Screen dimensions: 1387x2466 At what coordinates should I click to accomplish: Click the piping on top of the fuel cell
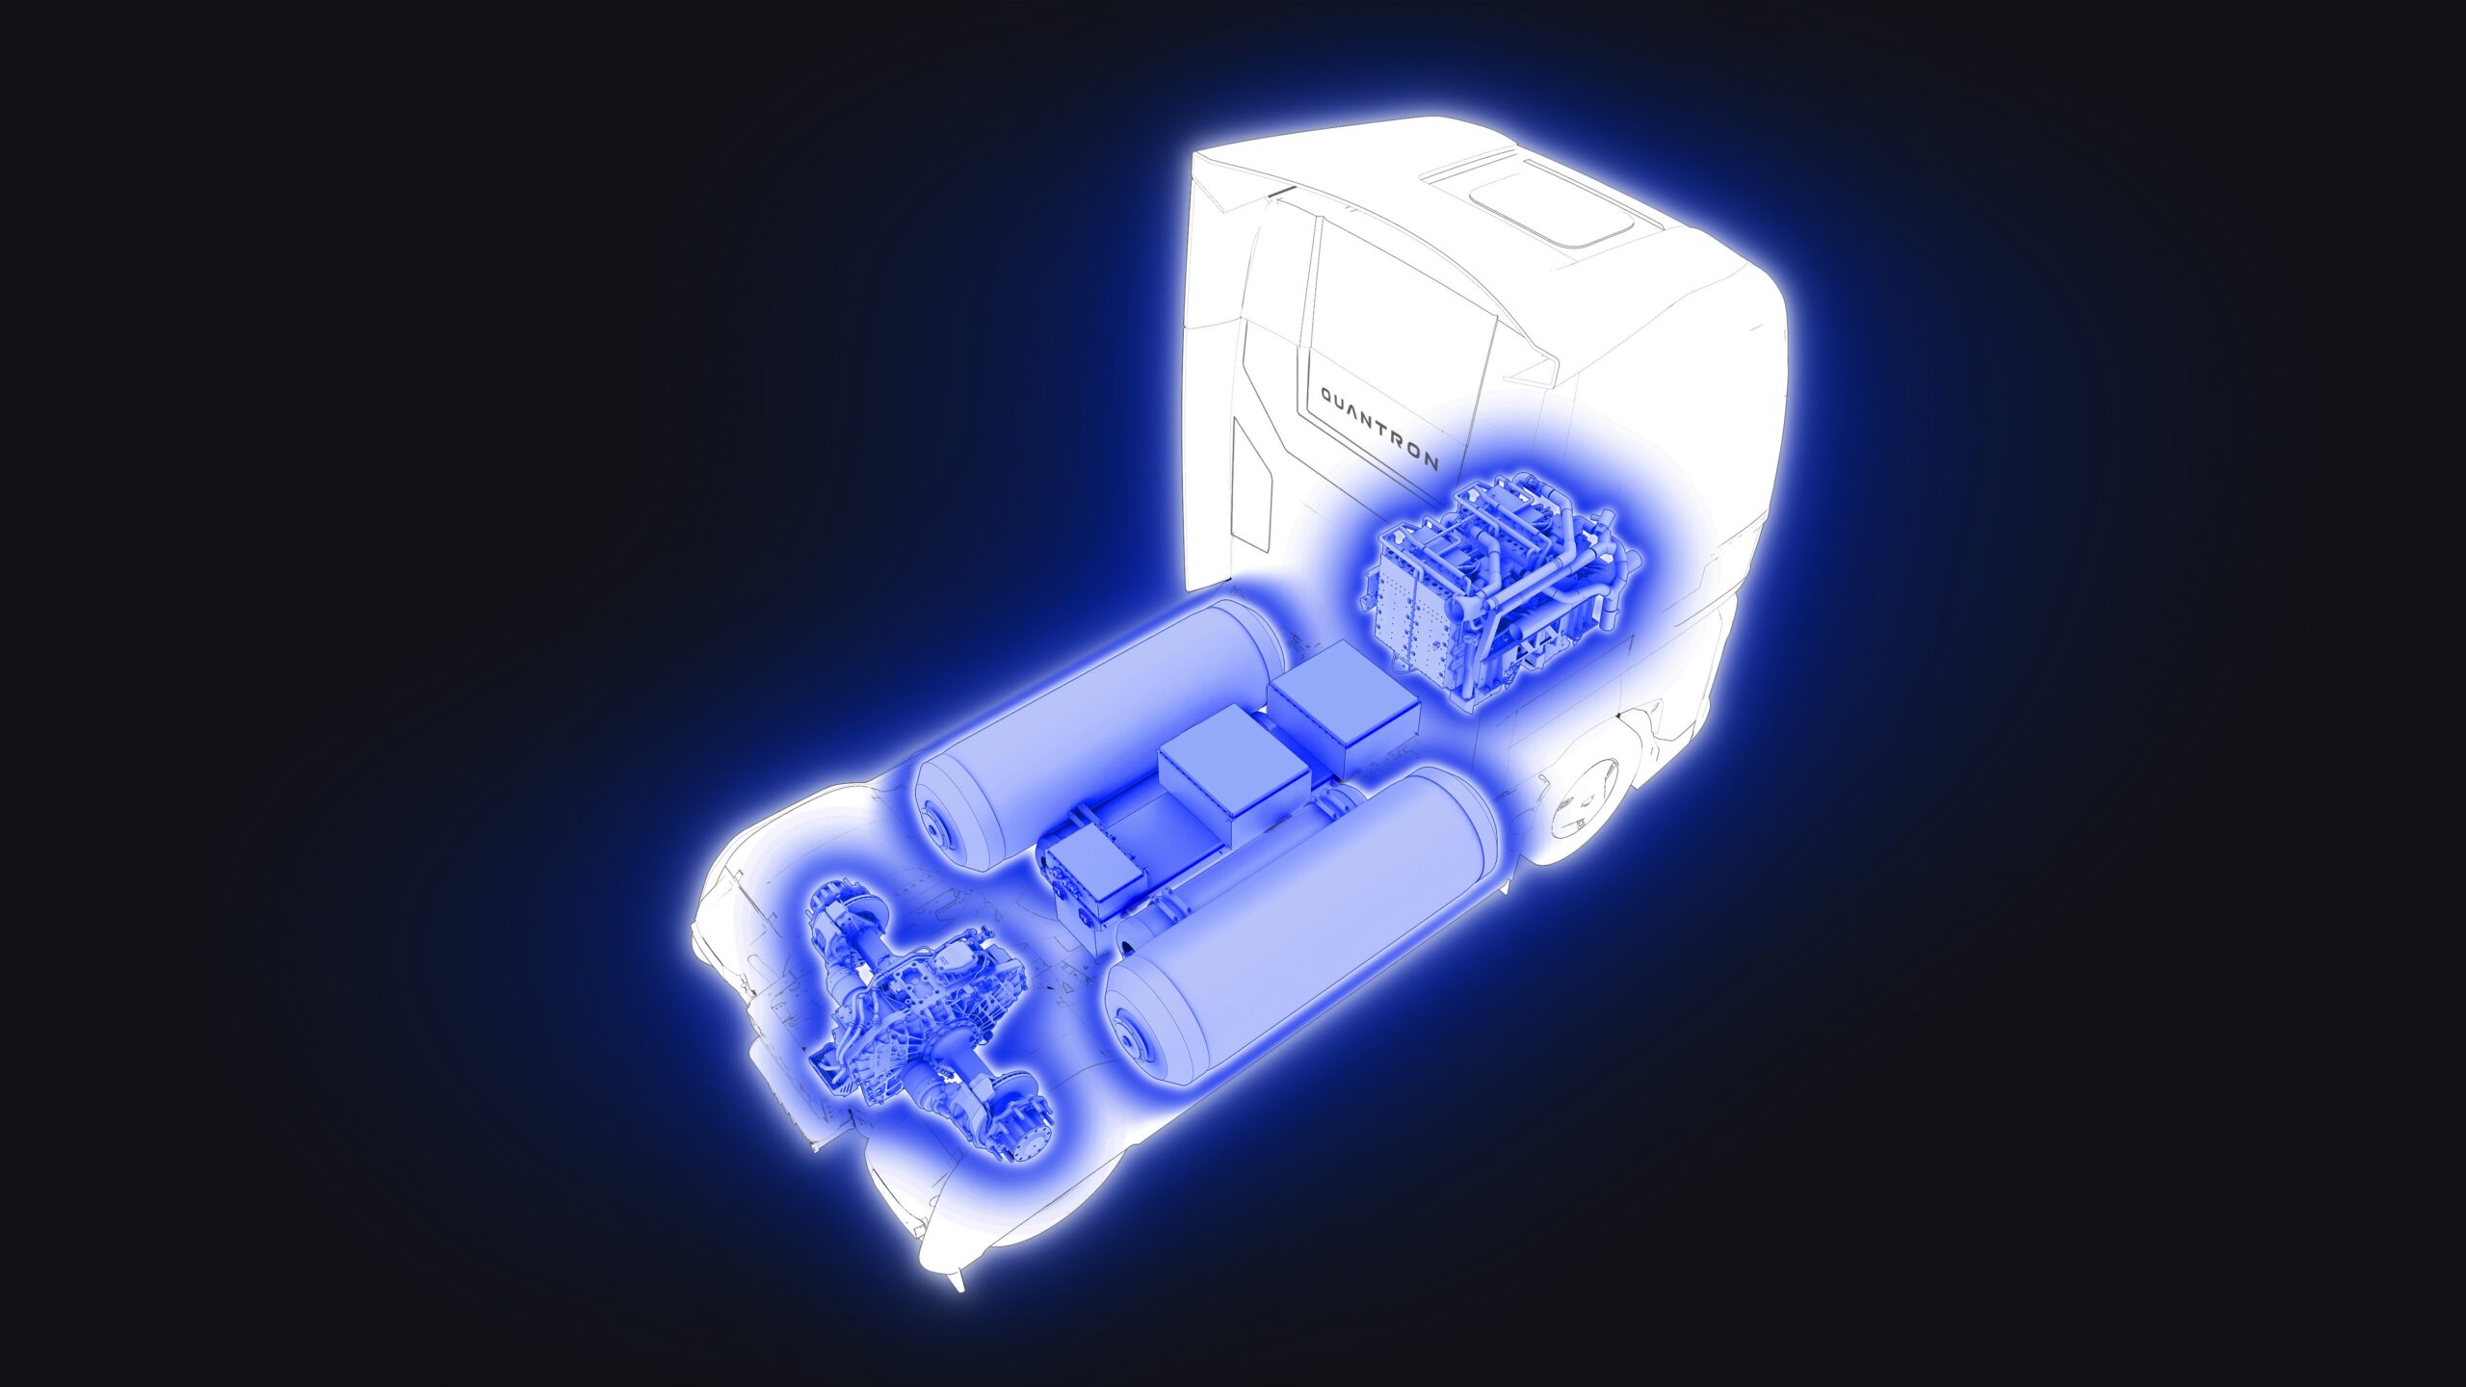[1522, 520]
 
